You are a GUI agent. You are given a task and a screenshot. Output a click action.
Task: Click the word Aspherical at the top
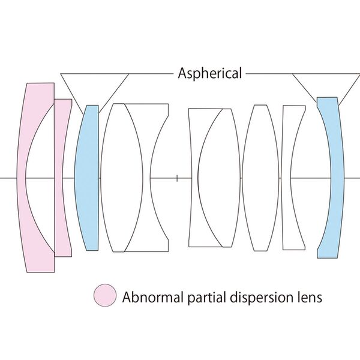(x=210, y=74)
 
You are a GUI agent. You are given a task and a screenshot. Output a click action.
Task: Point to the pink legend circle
(x=104, y=296)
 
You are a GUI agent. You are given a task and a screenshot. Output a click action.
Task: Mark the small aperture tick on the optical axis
(x=178, y=178)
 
